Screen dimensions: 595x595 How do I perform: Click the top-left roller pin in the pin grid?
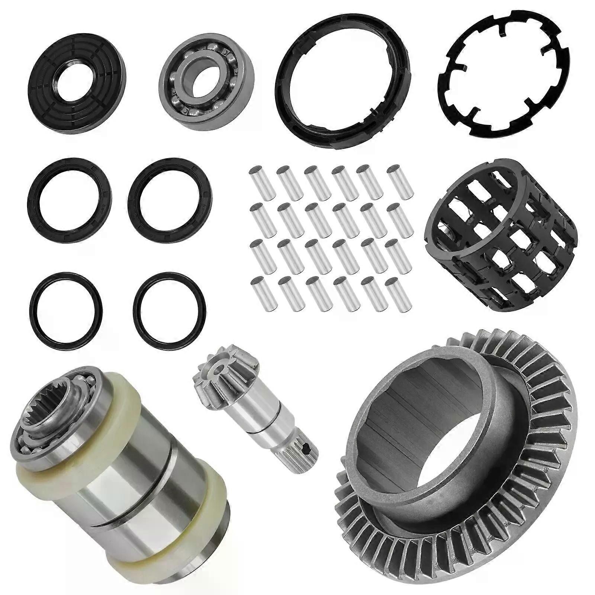(262, 182)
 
